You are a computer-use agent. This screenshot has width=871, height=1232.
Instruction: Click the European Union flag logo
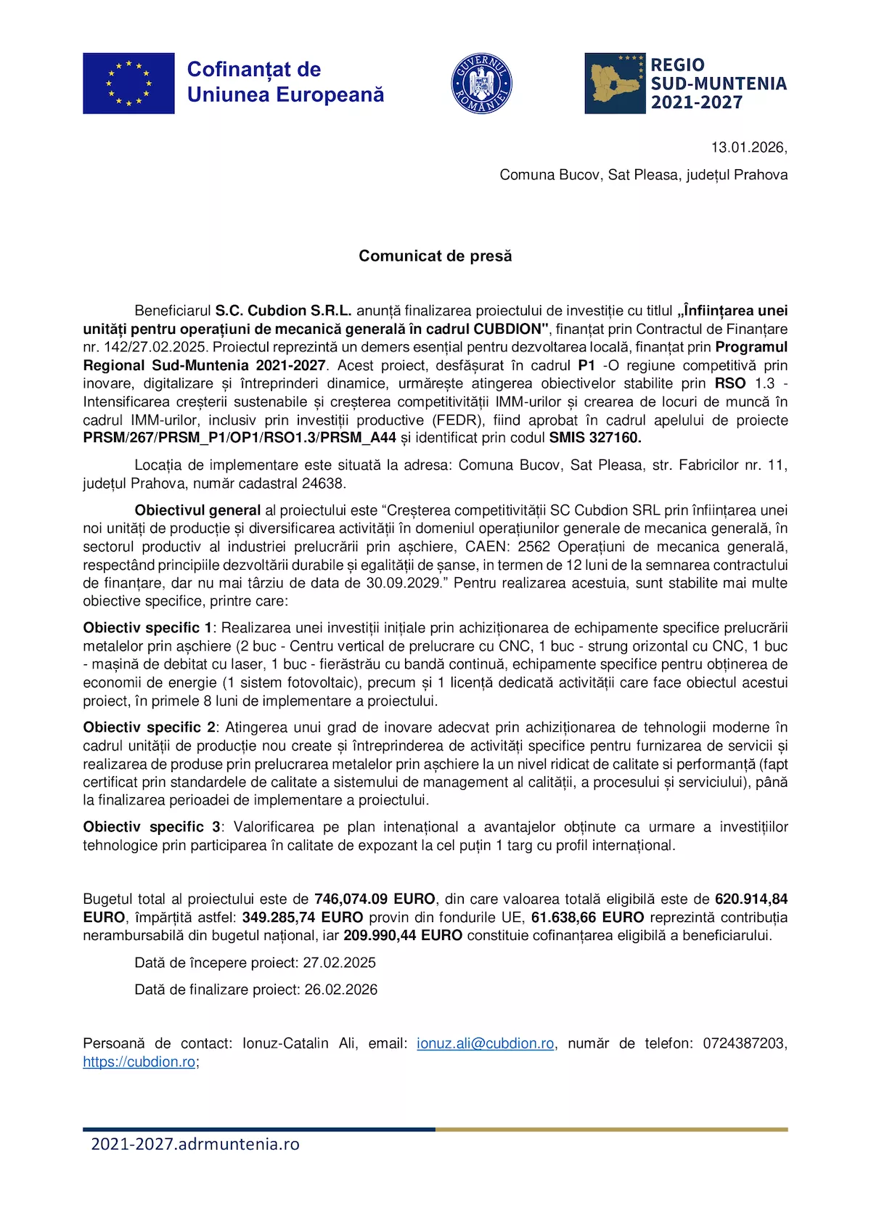128,83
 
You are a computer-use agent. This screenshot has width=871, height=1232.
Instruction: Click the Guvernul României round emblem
481,83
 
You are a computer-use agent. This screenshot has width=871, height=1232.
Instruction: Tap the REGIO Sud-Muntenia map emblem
615,83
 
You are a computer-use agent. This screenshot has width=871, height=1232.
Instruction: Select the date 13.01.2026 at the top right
748,147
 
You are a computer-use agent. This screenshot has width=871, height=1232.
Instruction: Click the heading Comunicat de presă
435,256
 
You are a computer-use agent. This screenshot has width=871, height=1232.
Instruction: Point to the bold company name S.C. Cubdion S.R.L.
283,311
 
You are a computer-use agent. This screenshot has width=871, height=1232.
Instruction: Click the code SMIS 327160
594,438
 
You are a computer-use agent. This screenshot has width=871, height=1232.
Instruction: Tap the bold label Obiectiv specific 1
147,628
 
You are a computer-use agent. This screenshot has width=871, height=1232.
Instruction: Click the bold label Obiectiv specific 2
149,727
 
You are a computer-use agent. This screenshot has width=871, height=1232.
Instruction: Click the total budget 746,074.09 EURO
375,899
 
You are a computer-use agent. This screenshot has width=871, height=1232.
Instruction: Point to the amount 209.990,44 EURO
403,935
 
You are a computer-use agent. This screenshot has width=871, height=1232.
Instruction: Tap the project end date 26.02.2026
340,990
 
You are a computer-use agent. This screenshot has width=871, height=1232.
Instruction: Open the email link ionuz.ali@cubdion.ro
485,1043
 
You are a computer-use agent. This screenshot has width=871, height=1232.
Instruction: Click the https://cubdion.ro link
139,1061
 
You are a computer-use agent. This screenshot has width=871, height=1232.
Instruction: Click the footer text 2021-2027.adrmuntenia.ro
195,1144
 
